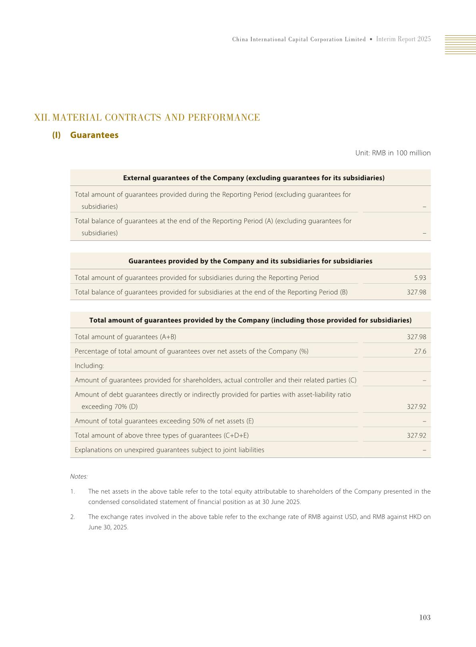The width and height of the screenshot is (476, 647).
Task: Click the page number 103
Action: tap(424, 617)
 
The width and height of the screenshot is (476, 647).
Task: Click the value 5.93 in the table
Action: tap(420, 278)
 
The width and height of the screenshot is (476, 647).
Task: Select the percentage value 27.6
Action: tap(420, 351)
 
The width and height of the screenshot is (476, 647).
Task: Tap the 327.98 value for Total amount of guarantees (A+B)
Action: tap(416, 337)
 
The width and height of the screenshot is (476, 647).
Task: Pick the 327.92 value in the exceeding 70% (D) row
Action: tap(416, 407)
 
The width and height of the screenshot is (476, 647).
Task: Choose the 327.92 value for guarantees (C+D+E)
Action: tap(416, 435)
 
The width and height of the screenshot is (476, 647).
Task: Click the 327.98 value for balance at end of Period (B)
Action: tap(416, 292)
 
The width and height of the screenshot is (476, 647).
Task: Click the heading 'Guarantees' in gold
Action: tap(94, 135)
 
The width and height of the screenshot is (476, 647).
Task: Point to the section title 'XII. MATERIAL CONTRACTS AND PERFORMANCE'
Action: tap(147, 117)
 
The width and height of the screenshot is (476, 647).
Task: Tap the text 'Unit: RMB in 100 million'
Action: tap(393, 153)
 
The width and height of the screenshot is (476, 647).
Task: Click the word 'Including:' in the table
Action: tap(89, 366)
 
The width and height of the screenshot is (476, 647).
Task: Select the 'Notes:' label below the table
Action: tap(79, 476)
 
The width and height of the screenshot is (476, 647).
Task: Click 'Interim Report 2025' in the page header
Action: tap(403, 39)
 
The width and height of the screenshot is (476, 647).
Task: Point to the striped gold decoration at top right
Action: tap(460, 44)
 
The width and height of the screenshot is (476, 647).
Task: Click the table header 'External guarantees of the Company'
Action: tap(254, 178)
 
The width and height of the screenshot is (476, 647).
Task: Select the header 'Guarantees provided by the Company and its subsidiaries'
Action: tap(250, 261)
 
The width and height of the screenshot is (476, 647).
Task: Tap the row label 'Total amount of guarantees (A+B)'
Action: tap(125, 337)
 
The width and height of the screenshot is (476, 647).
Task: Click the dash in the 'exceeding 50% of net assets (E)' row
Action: tap(424, 421)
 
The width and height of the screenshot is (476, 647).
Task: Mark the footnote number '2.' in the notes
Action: tap(72, 517)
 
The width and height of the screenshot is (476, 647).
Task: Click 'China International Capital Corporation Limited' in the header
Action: tap(299, 39)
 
